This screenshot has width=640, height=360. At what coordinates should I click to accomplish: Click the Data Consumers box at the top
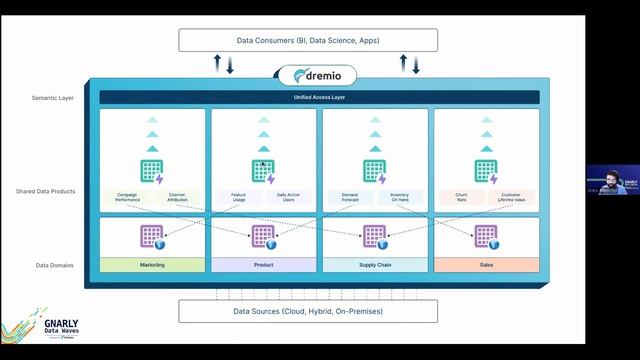(x=308, y=40)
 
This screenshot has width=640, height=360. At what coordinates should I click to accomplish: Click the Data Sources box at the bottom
(x=308, y=311)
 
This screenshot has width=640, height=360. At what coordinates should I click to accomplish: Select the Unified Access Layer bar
(x=319, y=97)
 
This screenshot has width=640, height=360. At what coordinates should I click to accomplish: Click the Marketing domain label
(x=153, y=265)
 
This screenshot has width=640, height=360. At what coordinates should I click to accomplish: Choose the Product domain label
(x=264, y=265)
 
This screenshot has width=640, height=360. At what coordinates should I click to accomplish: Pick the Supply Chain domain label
(x=375, y=265)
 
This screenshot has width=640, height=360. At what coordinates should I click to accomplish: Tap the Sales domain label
(x=486, y=265)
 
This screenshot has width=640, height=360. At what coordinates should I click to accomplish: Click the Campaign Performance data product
(x=127, y=198)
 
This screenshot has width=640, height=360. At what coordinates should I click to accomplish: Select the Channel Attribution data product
(x=177, y=198)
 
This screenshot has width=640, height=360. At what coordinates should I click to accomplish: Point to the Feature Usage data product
(x=238, y=198)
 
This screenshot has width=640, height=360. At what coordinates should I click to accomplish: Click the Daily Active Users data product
(x=288, y=198)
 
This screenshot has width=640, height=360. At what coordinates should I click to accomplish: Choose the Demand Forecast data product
(x=349, y=198)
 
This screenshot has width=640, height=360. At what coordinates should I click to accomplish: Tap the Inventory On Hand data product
(x=399, y=198)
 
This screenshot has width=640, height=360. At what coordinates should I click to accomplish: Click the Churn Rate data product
(x=461, y=198)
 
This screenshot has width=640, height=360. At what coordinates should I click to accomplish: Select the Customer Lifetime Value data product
(x=511, y=198)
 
